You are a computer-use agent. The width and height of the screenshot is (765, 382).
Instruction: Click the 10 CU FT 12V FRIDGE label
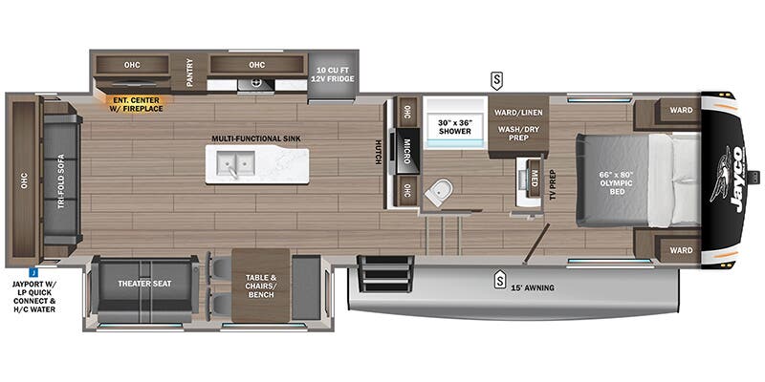pyautogui.click(x=334, y=74)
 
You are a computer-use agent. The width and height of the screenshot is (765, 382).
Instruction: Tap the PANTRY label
pyautogui.click(x=189, y=73)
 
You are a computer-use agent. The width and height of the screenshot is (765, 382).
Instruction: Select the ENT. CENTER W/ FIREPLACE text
pyautogui.click(x=134, y=104)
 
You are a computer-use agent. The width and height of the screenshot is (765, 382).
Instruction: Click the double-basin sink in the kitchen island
pyautogui.click(x=236, y=162)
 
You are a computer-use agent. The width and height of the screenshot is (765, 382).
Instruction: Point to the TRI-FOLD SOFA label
pyautogui.click(x=61, y=181)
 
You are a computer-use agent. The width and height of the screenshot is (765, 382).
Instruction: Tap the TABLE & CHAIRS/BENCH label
pyautogui.click(x=260, y=286)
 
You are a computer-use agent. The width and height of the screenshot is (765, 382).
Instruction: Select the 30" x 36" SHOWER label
pyautogui.click(x=455, y=127)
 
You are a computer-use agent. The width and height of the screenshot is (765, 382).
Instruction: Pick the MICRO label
pyautogui.click(x=406, y=151)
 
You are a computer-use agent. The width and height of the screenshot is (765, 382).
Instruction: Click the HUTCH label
pyautogui.click(x=379, y=152)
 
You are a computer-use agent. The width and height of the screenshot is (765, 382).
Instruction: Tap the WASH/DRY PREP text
pyautogui.click(x=518, y=134)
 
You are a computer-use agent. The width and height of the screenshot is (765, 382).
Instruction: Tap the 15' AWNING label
pyautogui.click(x=532, y=287)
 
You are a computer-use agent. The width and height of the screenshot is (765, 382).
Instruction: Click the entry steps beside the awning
pyautogui.click(x=386, y=274)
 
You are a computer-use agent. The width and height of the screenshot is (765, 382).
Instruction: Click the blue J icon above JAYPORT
pyautogui.click(x=33, y=272)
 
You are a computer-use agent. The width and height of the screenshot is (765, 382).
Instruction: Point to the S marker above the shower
pyautogui.click(x=496, y=81)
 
